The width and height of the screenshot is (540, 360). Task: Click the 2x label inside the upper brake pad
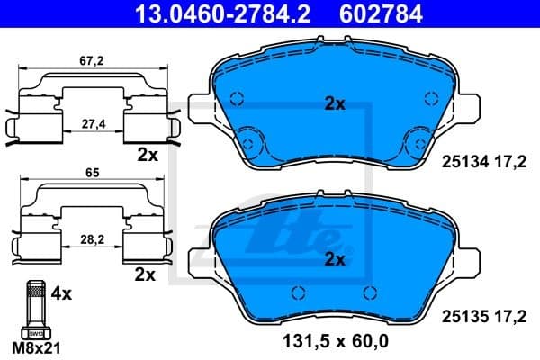point(335,104)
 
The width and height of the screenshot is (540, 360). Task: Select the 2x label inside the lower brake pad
point(335,260)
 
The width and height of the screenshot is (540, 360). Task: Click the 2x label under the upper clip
point(148,155)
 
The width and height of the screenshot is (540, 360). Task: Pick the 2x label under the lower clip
point(143,272)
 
